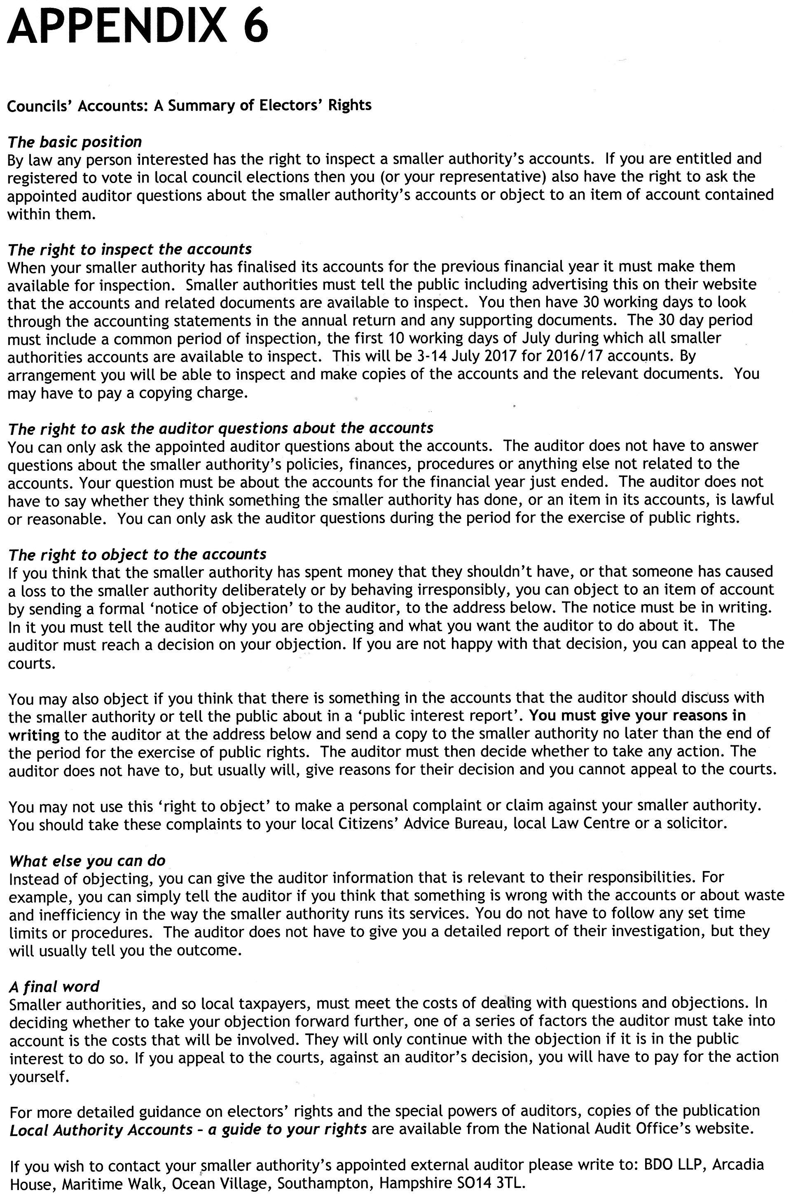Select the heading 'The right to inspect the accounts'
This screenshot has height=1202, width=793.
[129, 249]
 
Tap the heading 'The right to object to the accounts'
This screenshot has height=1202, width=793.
[137, 555]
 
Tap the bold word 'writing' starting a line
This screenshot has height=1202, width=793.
[34, 735]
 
